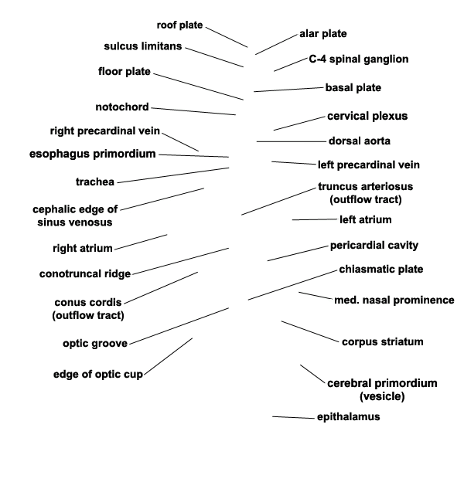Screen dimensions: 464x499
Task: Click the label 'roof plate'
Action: click(x=179, y=25)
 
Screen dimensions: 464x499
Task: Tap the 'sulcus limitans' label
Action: click(x=143, y=46)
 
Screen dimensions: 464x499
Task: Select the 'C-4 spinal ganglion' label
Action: click(x=359, y=59)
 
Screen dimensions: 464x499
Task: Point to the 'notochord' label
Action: click(x=122, y=107)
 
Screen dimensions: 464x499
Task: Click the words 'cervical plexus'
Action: click(x=367, y=116)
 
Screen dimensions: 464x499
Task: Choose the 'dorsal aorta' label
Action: click(x=360, y=141)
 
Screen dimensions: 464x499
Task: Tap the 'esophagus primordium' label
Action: click(x=93, y=154)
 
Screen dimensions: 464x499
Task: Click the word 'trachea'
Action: click(x=95, y=182)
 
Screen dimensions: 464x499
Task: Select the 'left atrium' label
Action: click(x=366, y=219)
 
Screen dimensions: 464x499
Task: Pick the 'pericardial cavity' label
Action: click(x=374, y=246)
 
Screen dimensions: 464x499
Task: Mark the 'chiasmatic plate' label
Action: click(x=381, y=270)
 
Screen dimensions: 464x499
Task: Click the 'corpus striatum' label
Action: click(x=383, y=342)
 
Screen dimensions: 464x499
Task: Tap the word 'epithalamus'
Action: click(x=349, y=417)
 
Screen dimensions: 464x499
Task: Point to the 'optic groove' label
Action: click(x=95, y=344)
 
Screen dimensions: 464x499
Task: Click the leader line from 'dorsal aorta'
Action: click(x=292, y=141)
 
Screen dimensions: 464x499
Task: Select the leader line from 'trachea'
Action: click(x=173, y=175)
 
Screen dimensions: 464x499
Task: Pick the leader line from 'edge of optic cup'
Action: click(x=168, y=357)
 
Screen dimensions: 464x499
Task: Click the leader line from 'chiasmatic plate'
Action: click(x=292, y=285)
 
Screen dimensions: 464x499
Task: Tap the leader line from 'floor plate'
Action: click(x=198, y=87)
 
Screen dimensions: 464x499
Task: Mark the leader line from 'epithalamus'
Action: click(x=294, y=418)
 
